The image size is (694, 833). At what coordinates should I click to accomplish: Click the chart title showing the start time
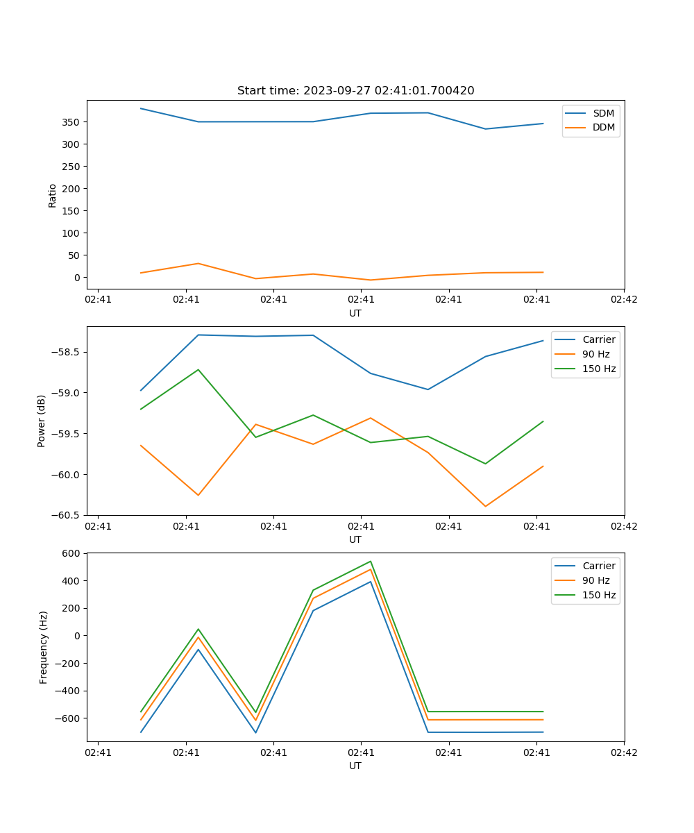click(355, 91)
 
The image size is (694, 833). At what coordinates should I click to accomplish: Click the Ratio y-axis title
click(53, 195)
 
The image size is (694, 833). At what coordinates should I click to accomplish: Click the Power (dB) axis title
click(42, 421)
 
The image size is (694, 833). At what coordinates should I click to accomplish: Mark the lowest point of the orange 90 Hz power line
click(485, 506)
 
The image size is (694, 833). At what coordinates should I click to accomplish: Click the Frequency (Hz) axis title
click(44, 647)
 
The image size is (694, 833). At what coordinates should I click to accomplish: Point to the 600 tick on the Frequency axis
click(72, 553)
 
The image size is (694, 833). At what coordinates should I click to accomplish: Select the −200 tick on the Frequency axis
click(68, 663)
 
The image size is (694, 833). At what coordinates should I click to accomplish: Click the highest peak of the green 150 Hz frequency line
click(371, 562)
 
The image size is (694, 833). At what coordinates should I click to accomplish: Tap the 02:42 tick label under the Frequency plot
click(623, 752)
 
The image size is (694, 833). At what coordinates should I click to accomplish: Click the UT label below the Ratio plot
click(355, 313)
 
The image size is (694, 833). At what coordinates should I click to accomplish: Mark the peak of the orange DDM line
click(198, 263)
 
